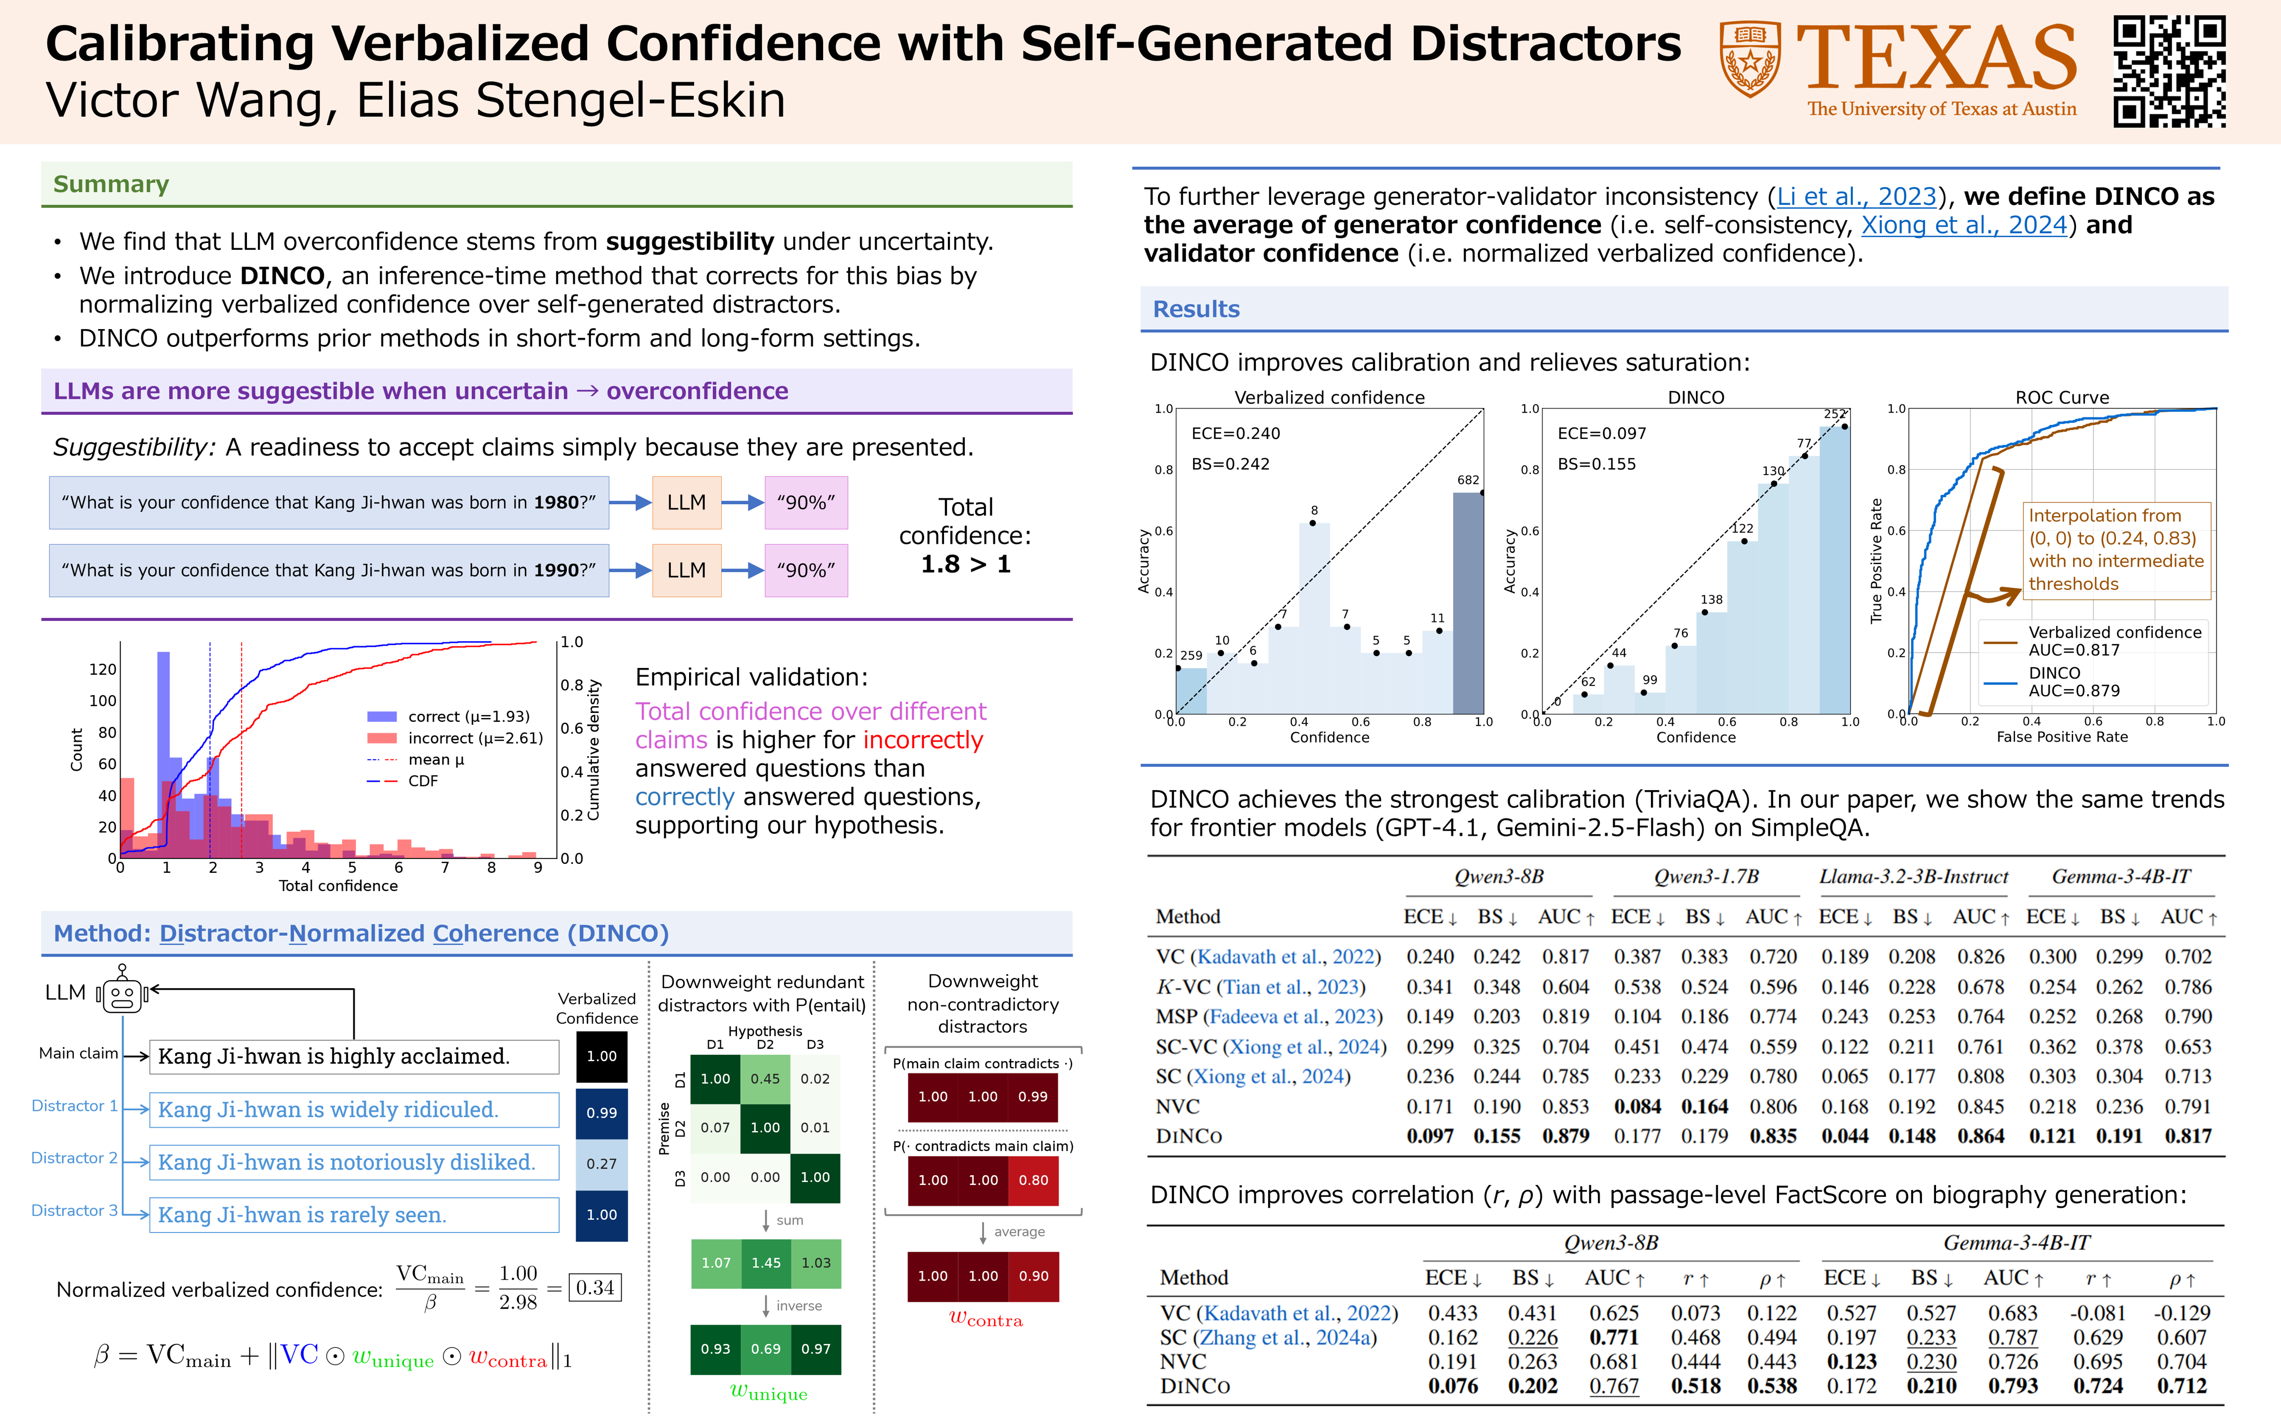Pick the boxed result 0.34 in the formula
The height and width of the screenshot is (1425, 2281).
click(595, 1287)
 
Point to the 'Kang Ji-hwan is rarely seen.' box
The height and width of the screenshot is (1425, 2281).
click(353, 1215)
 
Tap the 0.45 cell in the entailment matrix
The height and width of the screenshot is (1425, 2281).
click(764, 1078)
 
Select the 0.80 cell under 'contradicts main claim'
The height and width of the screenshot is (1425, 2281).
click(1033, 1180)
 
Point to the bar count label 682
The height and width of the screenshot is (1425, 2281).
click(1468, 480)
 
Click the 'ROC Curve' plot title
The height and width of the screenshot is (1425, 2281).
click(2061, 397)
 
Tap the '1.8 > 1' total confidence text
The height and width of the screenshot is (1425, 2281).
click(965, 565)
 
